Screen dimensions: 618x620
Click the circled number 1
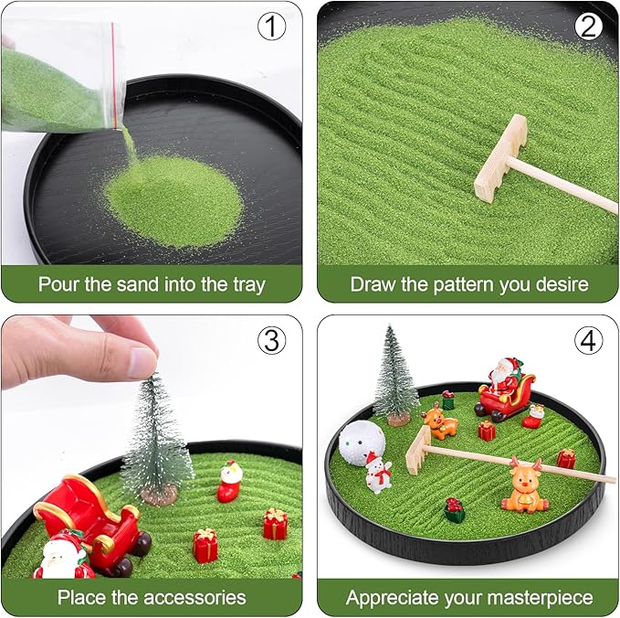tap(270, 27)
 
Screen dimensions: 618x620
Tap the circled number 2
tap(589, 27)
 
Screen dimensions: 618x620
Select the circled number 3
tap(270, 342)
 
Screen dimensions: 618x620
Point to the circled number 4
tap(589, 341)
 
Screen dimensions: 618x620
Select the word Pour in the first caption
tap(58, 284)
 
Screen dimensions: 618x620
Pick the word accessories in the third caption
tap(192, 598)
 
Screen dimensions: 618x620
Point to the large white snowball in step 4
tap(362, 442)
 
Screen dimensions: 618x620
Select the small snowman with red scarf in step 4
tap(377, 474)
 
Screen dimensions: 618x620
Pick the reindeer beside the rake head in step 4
tap(440, 421)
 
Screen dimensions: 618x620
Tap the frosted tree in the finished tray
tap(395, 376)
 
